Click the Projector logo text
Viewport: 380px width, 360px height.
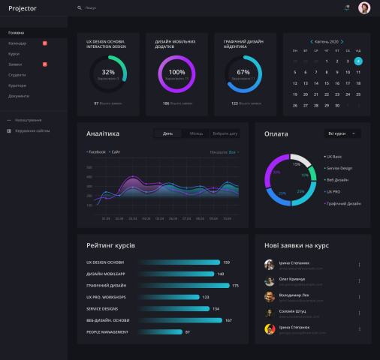22,8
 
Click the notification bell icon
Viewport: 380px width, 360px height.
346,8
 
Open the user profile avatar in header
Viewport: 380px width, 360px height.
363,8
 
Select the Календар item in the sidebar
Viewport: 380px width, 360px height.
18,43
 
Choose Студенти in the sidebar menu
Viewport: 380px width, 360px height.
17,75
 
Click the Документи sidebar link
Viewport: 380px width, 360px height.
19,96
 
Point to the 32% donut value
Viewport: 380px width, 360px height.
108,72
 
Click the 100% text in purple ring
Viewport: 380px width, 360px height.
176,72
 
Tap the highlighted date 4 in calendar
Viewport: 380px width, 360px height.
358,61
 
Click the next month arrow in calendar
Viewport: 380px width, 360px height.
342,42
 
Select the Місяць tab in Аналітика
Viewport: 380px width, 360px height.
196,133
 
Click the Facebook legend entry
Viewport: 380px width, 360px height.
96,152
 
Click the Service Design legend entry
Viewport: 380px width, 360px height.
339,168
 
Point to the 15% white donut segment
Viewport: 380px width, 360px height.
300,162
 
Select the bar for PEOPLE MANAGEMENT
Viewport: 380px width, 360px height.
159,331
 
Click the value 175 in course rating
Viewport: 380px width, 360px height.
235,286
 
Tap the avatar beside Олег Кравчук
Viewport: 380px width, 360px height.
270,281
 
